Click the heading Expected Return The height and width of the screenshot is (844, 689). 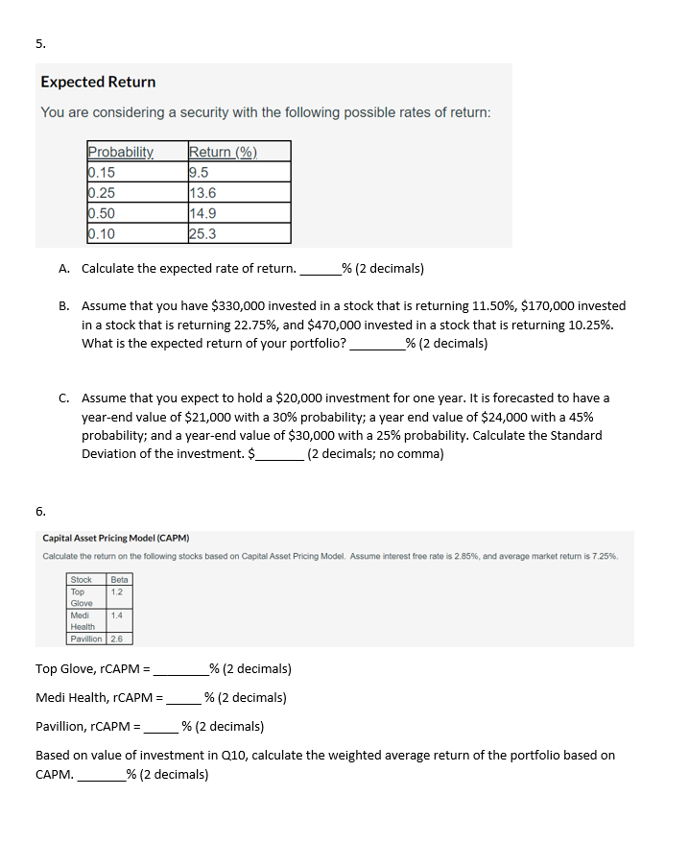98,83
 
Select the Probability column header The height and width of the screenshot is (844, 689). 120,152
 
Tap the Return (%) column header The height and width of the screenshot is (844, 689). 223,152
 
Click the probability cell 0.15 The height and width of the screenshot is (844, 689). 101,173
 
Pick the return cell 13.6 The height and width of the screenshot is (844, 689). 203,193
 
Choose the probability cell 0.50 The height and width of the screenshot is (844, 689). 101,213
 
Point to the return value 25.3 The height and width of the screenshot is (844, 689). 203,233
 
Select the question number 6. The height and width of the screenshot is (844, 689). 40,511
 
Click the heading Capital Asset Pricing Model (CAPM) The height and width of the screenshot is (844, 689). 116,539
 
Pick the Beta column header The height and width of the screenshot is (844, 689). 119,580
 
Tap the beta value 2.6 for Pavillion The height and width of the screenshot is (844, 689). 117,639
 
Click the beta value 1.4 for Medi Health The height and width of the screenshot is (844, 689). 117,615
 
